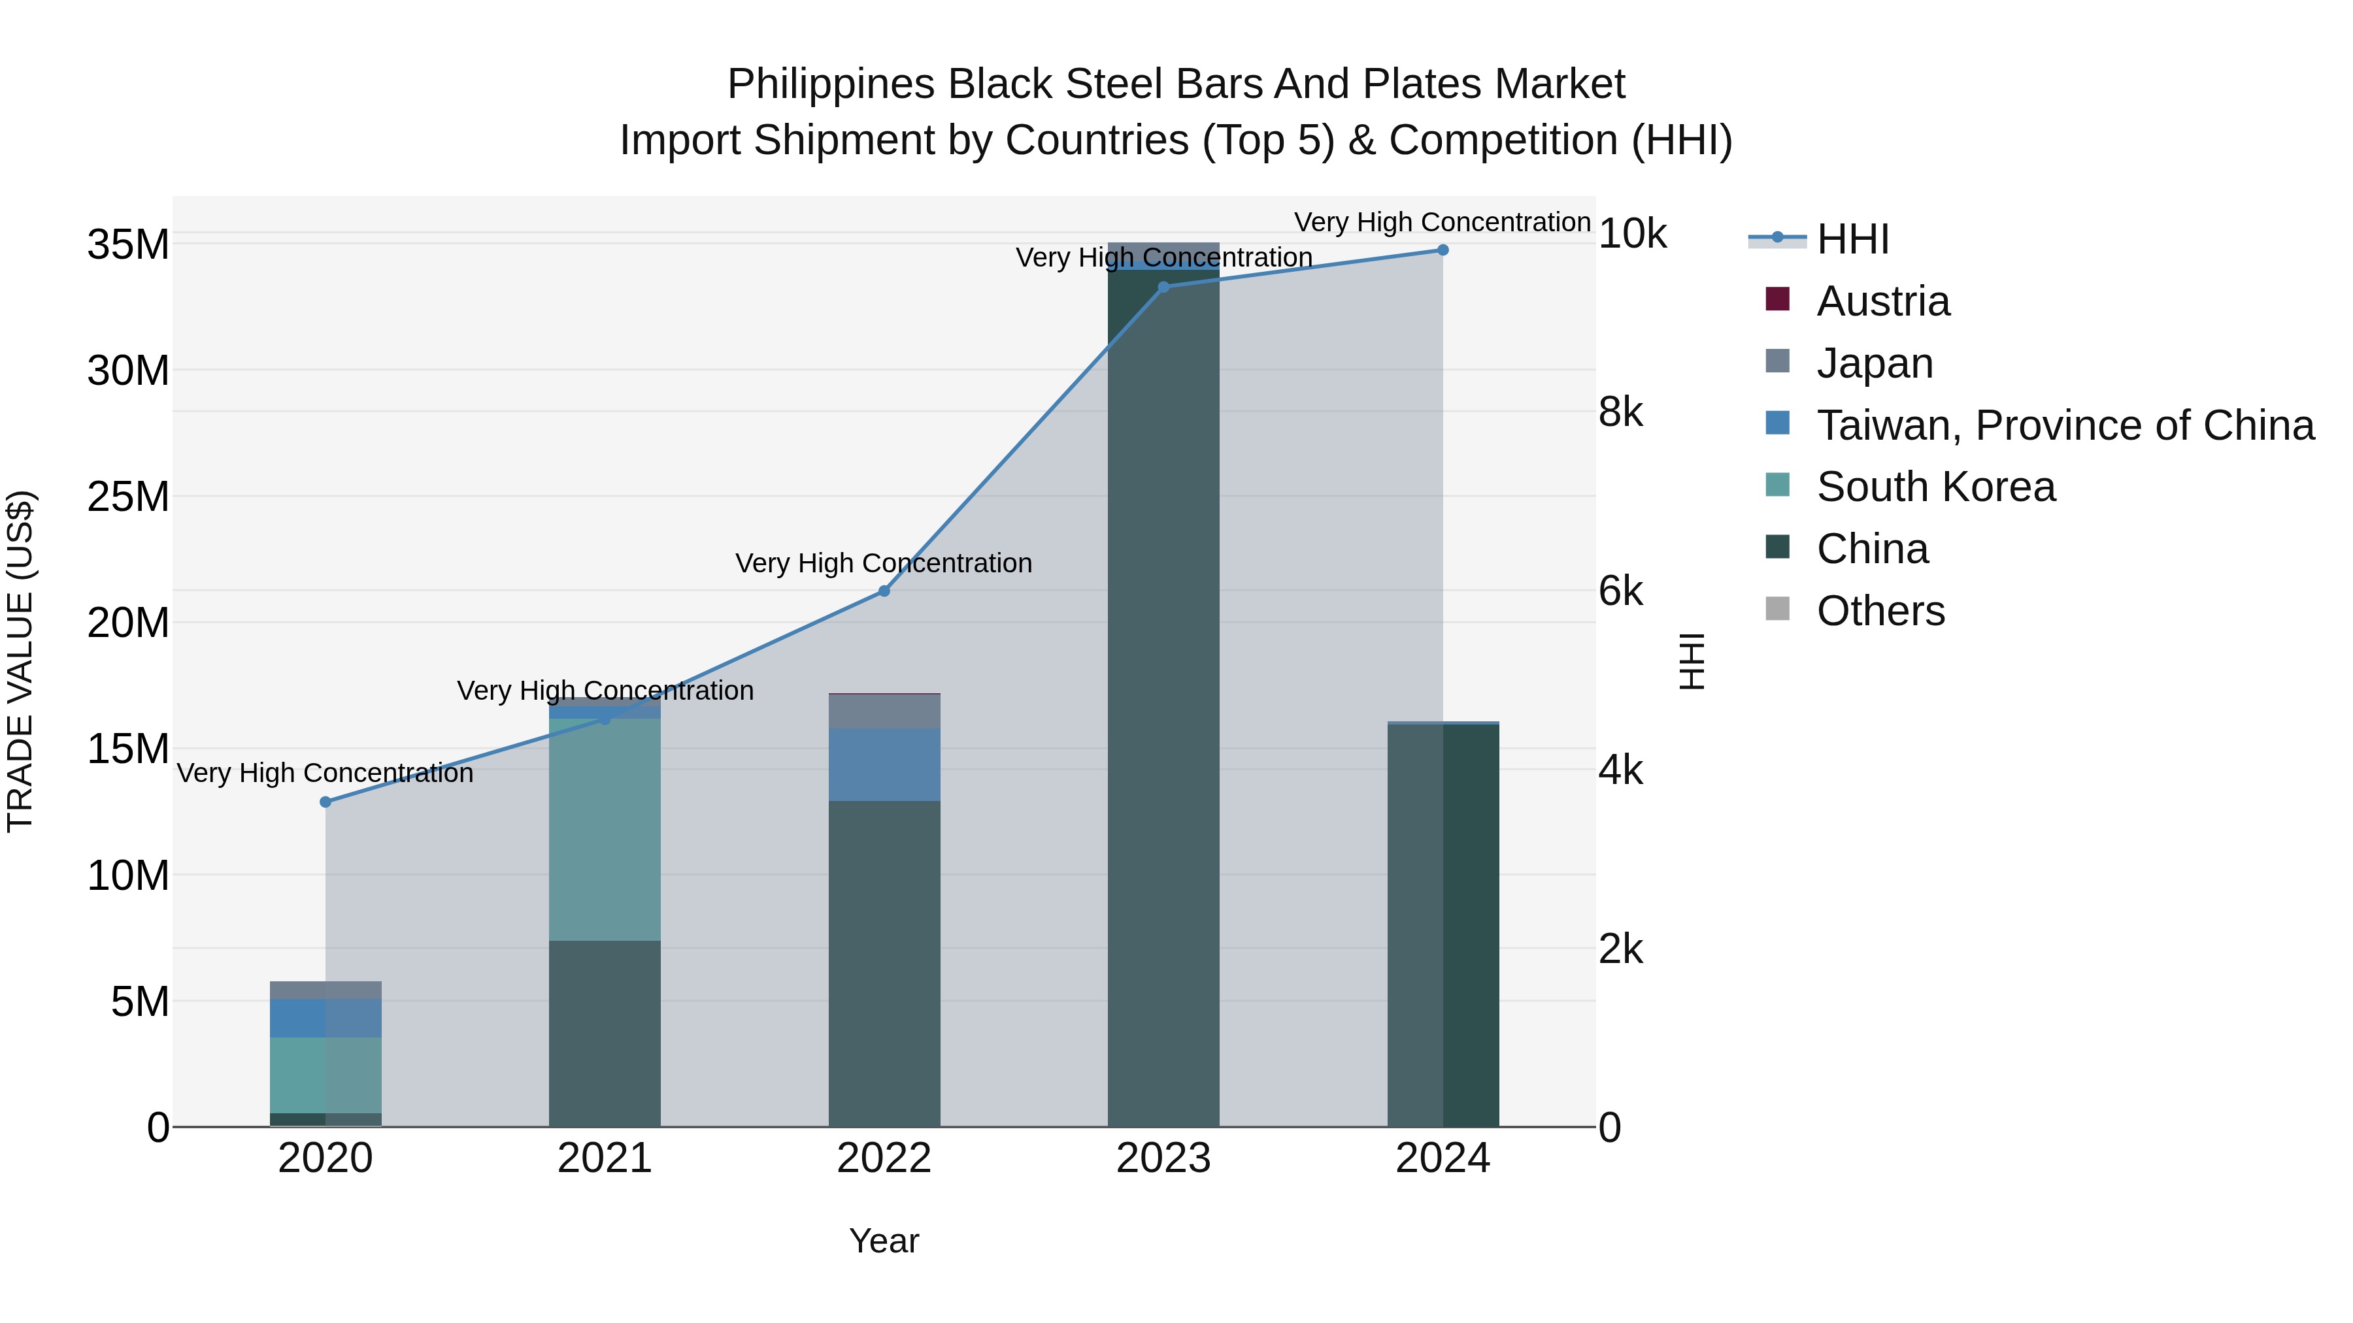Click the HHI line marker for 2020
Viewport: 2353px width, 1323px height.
click(x=325, y=802)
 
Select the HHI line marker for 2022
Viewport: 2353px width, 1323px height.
click(x=884, y=591)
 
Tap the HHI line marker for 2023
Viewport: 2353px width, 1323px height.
click(x=1163, y=287)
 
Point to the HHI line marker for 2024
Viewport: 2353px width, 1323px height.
click(x=1443, y=250)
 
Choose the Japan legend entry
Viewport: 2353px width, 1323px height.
click(x=1875, y=363)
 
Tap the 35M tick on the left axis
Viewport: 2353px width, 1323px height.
click(x=128, y=245)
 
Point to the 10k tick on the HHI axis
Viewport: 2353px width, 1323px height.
click(x=1632, y=235)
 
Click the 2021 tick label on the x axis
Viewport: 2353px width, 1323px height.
click(x=605, y=1158)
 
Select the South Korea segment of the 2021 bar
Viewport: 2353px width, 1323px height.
click(x=605, y=829)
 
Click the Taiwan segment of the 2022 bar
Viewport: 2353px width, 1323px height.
click(x=884, y=764)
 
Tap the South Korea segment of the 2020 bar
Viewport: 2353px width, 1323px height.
click(x=325, y=1075)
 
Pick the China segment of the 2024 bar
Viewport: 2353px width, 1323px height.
click(x=1443, y=924)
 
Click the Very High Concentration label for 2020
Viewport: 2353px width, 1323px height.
click(x=325, y=774)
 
